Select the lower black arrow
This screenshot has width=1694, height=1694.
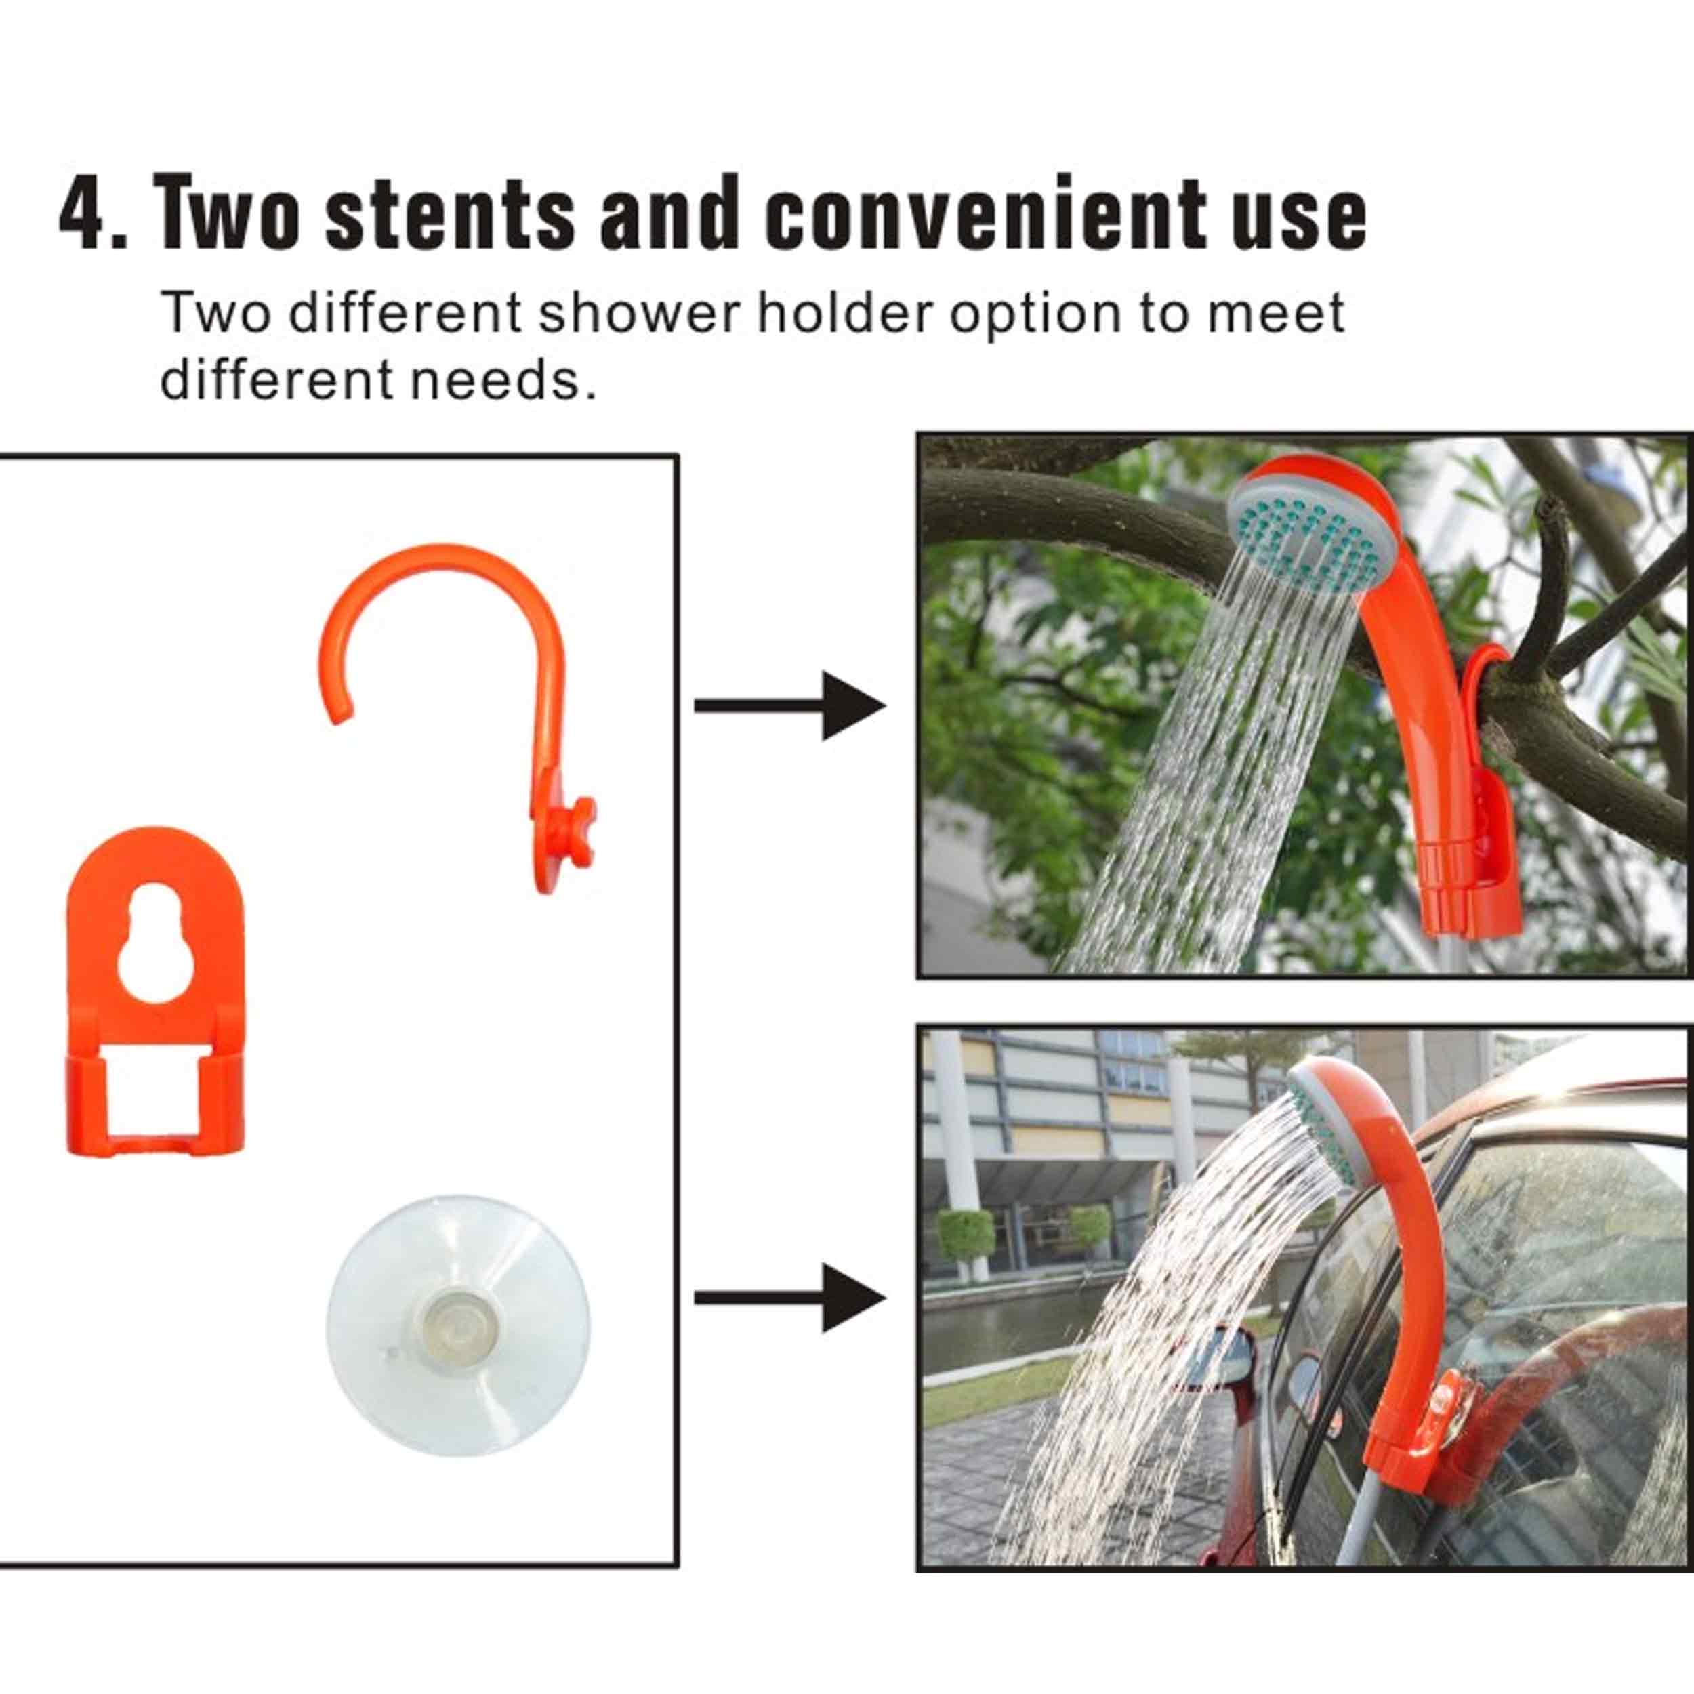pyautogui.click(x=789, y=1298)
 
